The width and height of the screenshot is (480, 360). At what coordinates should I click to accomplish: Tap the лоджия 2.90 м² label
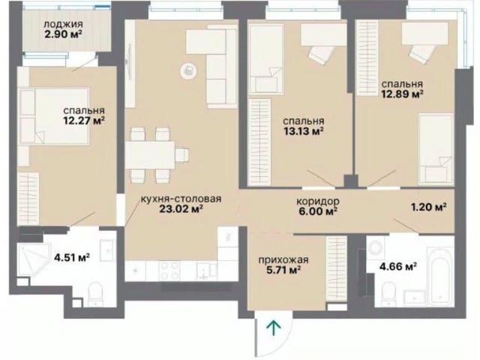(x=63, y=29)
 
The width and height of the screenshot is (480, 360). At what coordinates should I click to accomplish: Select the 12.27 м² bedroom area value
(x=84, y=121)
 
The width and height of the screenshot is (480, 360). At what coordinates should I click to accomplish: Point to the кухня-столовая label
(x=181, y=199)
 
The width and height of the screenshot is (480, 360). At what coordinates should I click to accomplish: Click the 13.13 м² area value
(x=304, y=131)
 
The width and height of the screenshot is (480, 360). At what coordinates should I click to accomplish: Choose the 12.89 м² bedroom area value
(x=402, y=94)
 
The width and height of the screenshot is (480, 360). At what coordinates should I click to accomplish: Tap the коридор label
(x=318, y=202)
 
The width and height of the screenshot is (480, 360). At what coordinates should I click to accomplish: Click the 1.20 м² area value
(x=428, y=207)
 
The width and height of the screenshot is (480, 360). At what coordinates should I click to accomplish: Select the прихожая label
(x=283, y=260)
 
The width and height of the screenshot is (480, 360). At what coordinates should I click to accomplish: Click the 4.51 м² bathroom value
(x=72, y=257)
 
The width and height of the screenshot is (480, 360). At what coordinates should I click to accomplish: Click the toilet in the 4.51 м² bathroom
(x=95, y=294)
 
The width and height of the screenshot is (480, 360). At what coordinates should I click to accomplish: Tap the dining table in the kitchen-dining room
(x=150, y=154)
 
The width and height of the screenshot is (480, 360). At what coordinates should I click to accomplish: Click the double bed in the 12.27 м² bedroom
(x=54, y=116)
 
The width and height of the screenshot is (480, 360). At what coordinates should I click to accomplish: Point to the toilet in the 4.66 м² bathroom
(x=388, y=292)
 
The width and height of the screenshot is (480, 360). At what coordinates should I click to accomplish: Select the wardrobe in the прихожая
(x=337, y=268)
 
